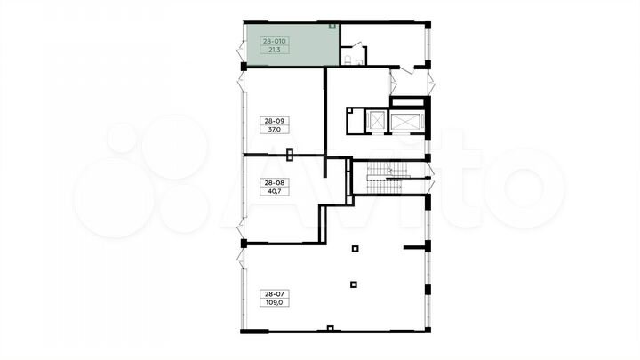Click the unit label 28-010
pos(275,41)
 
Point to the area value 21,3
pos(275,50)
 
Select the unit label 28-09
pos(275,121)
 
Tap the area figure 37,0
pos(275,130)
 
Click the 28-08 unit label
pos(275,182)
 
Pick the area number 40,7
pos(275,191)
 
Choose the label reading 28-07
pos(275,294)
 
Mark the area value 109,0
pos(275,303)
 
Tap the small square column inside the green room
pos(332,26)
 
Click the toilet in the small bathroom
pos(348,60)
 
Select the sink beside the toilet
pos(359,62)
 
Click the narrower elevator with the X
pos(376,121)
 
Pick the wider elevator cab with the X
pos(407,122)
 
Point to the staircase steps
pos(388,178)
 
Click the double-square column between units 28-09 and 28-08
pos(290,155)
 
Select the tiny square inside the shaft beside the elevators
pos(349,110)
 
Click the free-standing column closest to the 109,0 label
pos(354,284)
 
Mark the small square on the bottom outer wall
pos(330,328)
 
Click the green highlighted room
pos(292,44)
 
